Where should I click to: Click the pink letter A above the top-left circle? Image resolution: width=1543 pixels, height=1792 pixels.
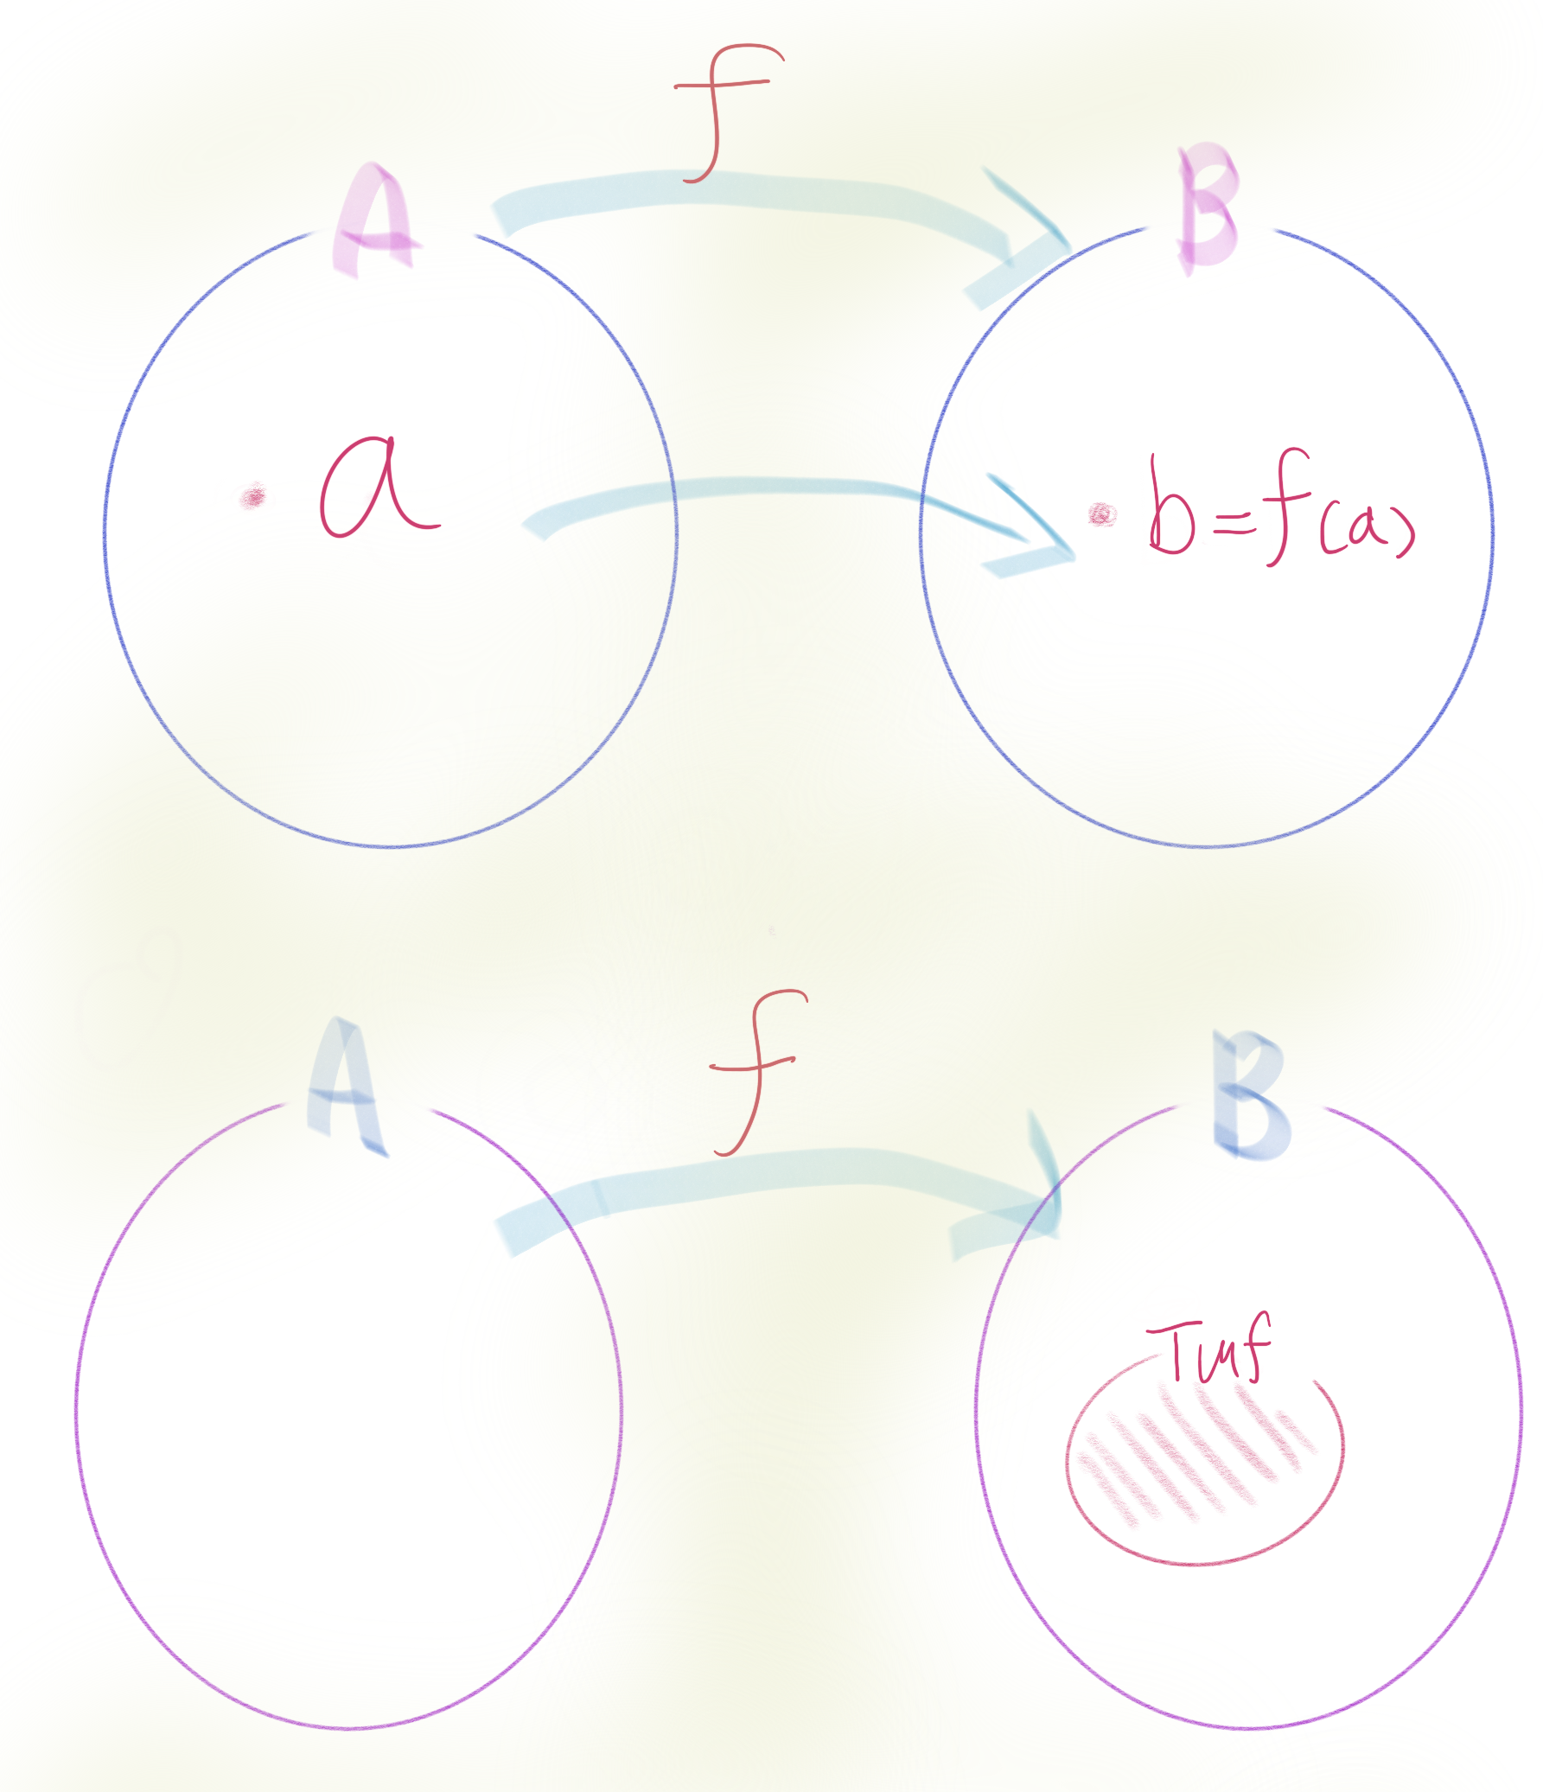click(374, 220)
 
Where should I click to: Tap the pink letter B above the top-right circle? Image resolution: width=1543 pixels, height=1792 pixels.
click(1209, 207)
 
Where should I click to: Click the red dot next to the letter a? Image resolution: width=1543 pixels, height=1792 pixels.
click(253, 497)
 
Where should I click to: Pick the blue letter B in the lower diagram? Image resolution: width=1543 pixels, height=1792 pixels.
click(1250, 1097)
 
